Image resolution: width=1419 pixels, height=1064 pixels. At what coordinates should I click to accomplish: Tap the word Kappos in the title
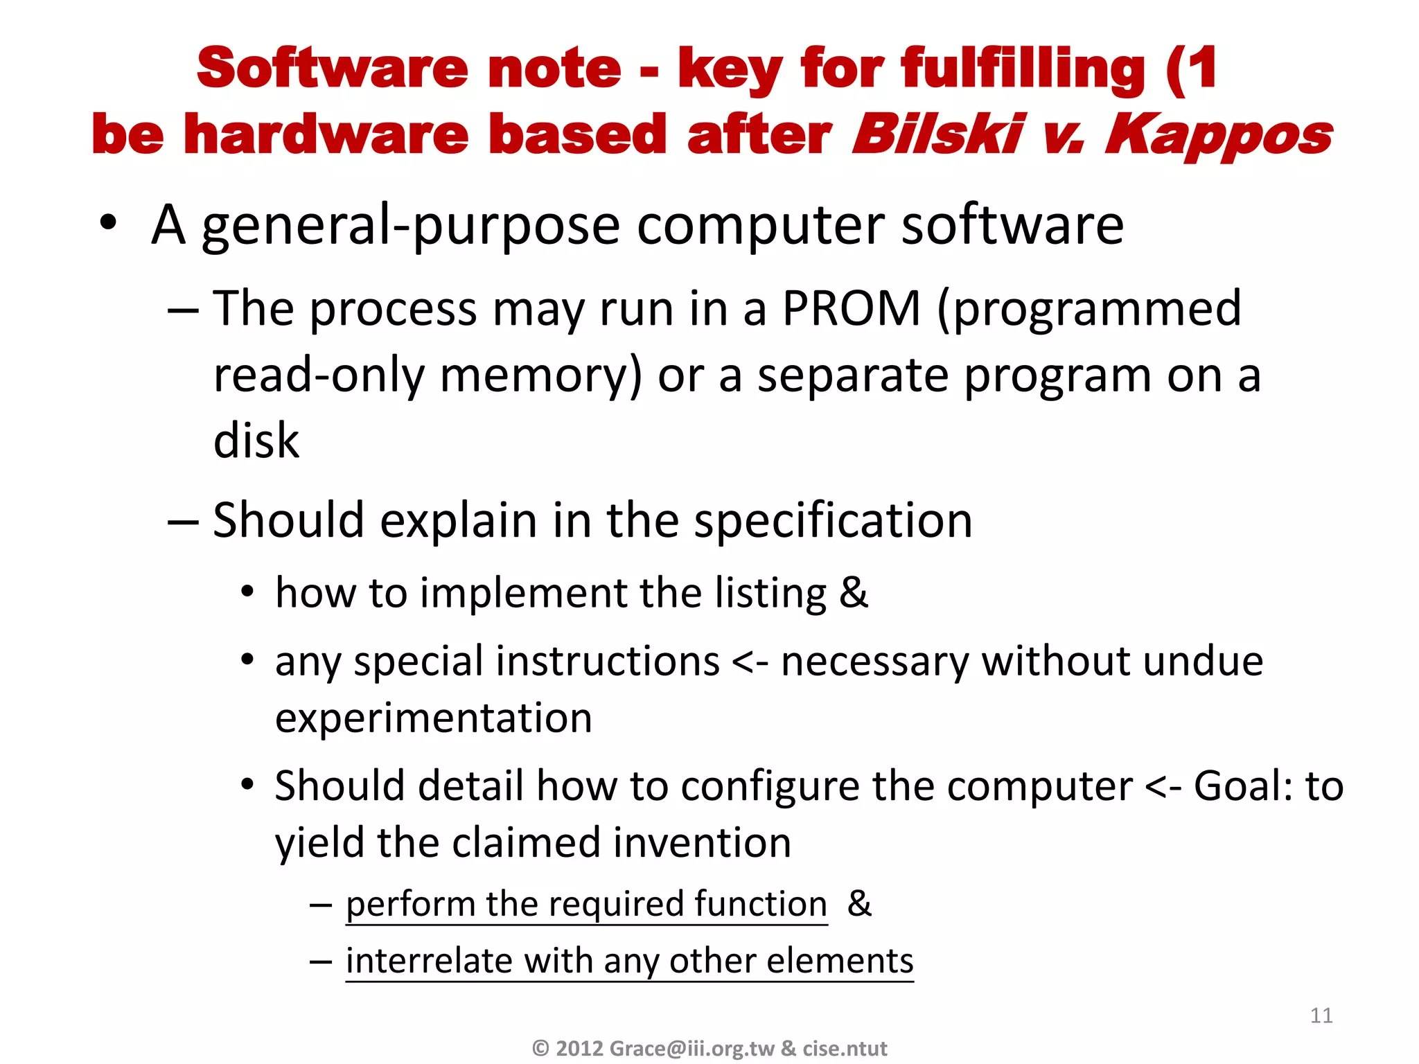(x=1218, y=135)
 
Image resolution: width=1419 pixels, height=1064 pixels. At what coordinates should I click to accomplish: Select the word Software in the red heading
(x=333, y=69)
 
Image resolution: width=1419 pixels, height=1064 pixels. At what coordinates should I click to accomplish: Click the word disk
(x=256, y=441)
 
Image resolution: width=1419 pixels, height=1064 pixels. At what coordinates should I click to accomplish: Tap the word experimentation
(x=434, y=718)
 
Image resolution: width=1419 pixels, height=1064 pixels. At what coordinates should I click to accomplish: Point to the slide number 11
(x=1321, y=1016)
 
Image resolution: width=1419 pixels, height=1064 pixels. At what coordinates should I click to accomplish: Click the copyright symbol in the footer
(x=540, y=1048)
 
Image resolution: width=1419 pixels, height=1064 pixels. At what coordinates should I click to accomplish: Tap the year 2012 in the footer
(x=579, y=1048)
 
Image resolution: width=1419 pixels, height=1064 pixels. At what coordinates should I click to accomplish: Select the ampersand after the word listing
(x=853, y=593)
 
